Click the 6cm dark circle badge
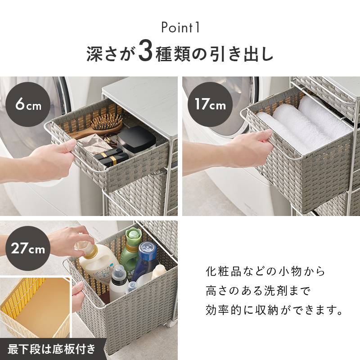[x=28, y=104]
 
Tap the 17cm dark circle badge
[x=210, y=104]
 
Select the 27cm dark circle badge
[x=28, y=248]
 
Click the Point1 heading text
[x=180, y=27]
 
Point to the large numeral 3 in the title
[x=145, y=53]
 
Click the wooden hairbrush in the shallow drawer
[x=101, y=127]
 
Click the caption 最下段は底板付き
[x=51, y=349]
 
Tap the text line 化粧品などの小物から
[x=265, y=271]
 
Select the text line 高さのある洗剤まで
[x=258, y=291]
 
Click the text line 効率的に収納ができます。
[x=274, y=310]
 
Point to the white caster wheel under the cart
[x=171, y=323]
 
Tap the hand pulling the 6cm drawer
[x=46, y=161]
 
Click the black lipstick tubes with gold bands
[x=111, y=157]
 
